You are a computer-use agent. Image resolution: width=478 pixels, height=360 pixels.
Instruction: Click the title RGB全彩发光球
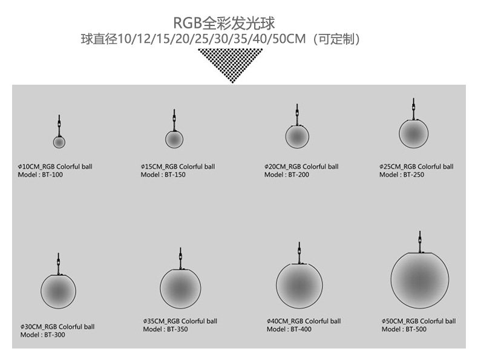(x=224, y=23)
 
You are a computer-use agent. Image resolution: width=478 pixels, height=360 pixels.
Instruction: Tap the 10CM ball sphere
(x=59, y=142)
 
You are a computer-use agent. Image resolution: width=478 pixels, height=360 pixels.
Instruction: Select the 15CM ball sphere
(x=174, y=139)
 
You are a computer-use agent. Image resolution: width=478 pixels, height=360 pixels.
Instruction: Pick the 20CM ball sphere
(x=297, y=136)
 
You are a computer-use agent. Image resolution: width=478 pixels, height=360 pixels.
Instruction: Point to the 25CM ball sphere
(x=413, y=133)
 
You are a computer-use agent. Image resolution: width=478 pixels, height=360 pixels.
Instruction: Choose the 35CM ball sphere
(x=180, y=288)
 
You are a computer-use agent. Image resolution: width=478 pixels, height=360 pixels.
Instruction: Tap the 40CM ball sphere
(x=299, y=286)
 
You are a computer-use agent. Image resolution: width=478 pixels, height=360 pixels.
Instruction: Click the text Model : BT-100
(x=41, y=175)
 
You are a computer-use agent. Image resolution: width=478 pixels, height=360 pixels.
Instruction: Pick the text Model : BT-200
(x=287, y=175)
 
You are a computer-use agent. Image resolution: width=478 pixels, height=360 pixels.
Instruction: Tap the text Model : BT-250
(x=402, y=175)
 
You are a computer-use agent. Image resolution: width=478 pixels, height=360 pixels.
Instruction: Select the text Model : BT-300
(x=42, y=335)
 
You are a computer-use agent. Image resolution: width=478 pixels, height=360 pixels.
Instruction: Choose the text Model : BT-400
(x=289, y=330)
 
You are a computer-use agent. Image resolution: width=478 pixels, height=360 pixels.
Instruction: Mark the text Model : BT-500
(x=404, y=330)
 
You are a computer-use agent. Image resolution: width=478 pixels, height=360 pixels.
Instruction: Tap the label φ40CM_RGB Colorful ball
(x=303, y=321)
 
